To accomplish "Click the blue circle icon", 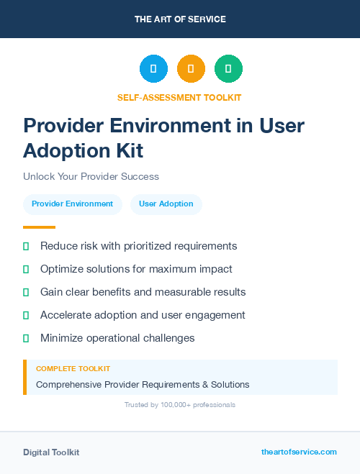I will tap(153, 69).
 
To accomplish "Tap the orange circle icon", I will tap(191, 69).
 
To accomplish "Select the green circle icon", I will tap(228, 69).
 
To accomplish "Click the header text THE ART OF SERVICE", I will tap(180, 19).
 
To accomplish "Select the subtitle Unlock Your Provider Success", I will tap(91, 176).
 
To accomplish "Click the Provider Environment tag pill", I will tap(72, 204).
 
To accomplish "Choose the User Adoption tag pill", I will tap(166, 204).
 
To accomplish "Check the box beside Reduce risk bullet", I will tap(26, 246).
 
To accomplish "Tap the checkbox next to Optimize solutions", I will tap(26, 269).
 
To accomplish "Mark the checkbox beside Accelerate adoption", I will tap(26, 315).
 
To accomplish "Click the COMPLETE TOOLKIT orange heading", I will tap(73, 369).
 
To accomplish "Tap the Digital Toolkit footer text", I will tap(51, 452).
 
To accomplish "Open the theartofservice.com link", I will tap(299, 452).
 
